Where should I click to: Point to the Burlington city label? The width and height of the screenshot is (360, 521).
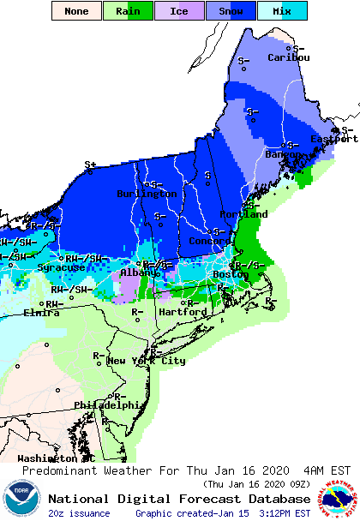tap(147, 194)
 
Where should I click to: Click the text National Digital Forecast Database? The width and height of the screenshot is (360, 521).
tap(179, 499)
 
